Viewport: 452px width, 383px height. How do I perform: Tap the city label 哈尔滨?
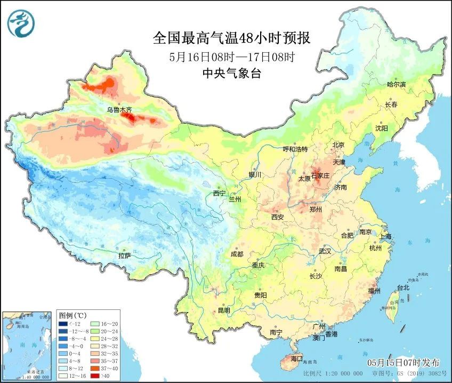pyautogui.click(x=396, y=85)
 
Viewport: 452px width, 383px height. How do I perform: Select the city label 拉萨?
pyautogui.click(x=124, y=256)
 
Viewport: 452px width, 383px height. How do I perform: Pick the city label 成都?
pyautogui.click(x=237, y=254)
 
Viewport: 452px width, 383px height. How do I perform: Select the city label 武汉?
pyautogui.click(x=325, y=251)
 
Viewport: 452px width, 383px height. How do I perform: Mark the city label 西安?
pyautogui.click(x=277, y=217)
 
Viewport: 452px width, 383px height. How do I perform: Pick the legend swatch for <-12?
pyautogui.click(x=63, y=323)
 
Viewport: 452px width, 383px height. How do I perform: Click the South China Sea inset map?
pyautogui.click(x=28, y=345)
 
